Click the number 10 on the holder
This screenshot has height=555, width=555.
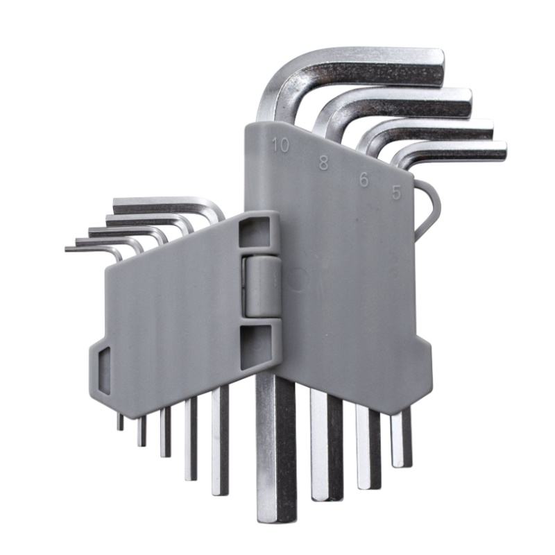(x=280, y=145)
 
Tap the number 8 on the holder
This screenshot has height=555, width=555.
(x=323, y=163)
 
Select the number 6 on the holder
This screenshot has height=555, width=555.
(x=364, y=180)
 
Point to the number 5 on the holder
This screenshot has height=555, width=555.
(x=396, y=193)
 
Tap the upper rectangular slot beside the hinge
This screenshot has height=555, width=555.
(x=254, y=232)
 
